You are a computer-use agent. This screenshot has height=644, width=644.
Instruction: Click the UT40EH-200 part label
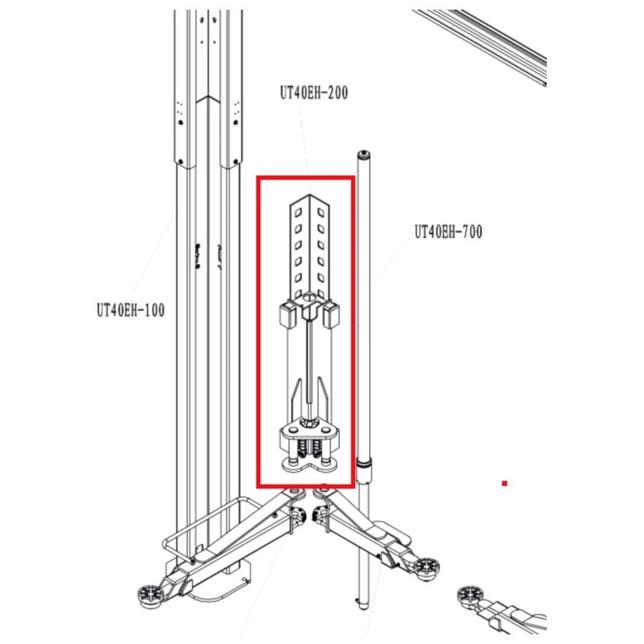click(x=314, y=93)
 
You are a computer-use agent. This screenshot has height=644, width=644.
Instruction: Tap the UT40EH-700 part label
click(x=448, y=232)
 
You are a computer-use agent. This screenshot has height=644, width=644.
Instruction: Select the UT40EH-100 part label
click(x=131, y=310)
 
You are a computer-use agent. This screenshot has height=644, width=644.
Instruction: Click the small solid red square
click(x=504, y=484)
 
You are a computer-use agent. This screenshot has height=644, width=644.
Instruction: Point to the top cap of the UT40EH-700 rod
click(x=363, y=155)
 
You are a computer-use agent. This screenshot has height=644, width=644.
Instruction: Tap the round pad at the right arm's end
click(x=426, y=567)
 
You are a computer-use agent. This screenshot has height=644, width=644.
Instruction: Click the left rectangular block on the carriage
click(x=288, y=315)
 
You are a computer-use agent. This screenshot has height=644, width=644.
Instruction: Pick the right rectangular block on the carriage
click(x=331, y=315)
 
